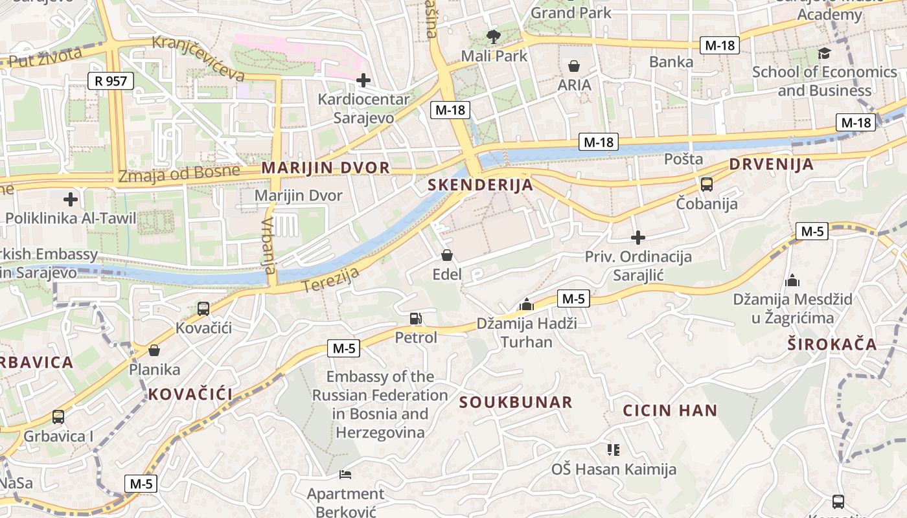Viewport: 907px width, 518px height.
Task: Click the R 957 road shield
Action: [111, 81]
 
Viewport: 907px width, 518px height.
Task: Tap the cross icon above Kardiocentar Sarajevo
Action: [363, 80]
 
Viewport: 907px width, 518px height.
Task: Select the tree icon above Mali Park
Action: [494, 36]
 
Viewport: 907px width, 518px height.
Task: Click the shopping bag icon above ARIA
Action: [574, 65]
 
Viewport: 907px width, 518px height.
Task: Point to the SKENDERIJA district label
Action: [481, 185]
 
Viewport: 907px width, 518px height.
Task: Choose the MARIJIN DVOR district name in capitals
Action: [326, 168]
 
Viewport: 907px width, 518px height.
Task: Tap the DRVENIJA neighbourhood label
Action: [771, 164]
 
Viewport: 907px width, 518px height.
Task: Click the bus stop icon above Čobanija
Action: [706, 185]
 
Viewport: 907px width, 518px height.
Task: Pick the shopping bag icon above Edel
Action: [446, 255]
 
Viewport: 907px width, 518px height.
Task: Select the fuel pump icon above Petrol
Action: [415, 318]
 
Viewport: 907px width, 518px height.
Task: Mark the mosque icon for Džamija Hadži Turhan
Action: [526, 304]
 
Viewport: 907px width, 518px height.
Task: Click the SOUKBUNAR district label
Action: [516, 402]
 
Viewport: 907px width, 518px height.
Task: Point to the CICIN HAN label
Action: [670, 410]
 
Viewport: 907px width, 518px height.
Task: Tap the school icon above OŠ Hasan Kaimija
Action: [613, 449]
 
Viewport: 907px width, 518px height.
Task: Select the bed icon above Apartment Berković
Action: [345, 475]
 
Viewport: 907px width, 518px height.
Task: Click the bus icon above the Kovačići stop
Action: [203, 309]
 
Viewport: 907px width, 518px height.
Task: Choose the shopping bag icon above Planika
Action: [154, 350]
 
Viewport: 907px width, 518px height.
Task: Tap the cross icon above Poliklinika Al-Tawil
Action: [71, 199]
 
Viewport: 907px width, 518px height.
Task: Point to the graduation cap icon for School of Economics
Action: [824, 53]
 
